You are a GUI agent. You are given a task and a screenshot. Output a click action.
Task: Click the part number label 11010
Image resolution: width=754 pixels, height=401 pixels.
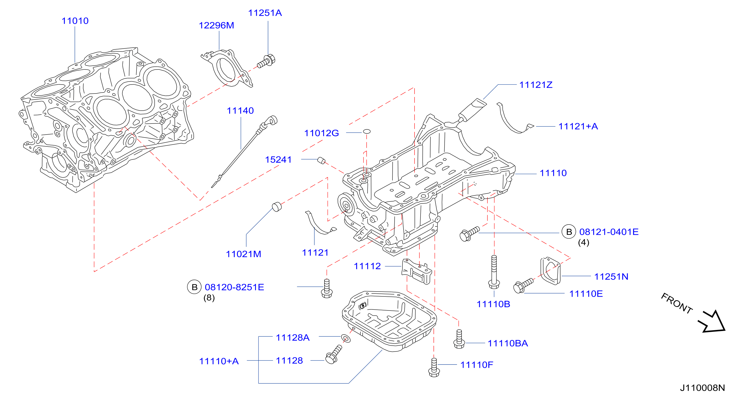75,21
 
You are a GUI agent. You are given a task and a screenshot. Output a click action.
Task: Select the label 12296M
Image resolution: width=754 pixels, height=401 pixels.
216,25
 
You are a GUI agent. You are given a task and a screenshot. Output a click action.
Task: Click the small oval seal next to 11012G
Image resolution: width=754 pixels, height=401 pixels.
367,131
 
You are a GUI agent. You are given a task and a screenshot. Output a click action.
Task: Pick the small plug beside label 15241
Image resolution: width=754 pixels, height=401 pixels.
321,161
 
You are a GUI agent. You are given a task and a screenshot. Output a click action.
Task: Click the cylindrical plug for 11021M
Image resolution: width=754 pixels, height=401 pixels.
277,206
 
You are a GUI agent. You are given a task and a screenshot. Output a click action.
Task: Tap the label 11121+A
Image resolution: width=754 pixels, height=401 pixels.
578,126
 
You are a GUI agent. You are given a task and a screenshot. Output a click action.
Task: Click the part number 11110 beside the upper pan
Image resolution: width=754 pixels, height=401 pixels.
553,173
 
